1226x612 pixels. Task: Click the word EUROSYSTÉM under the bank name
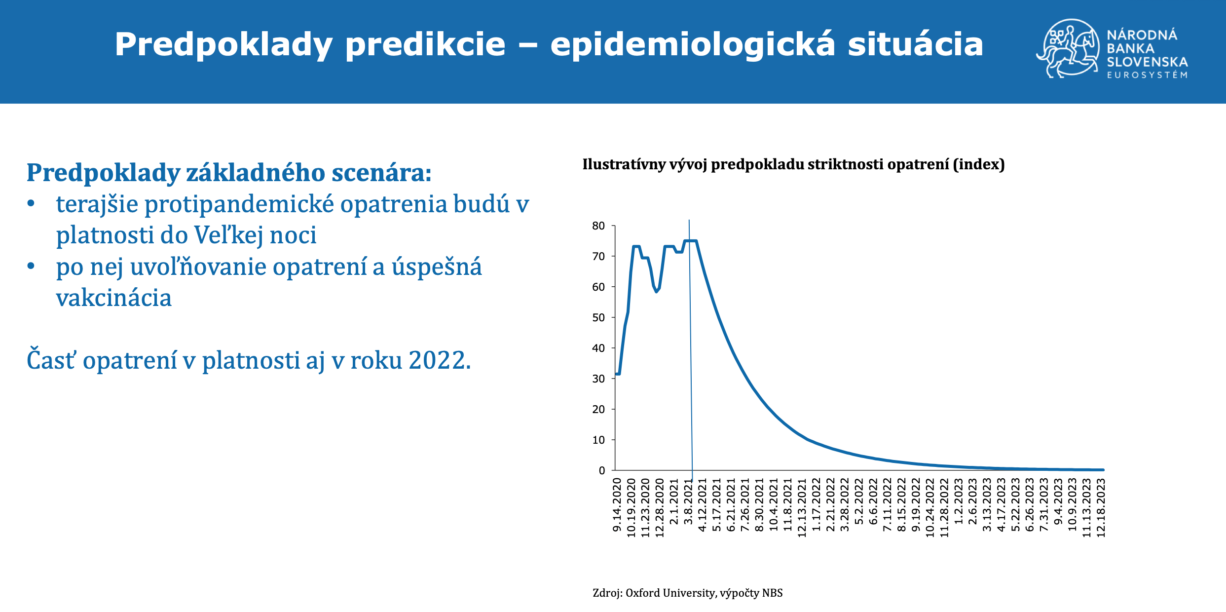click(x=1147, y=75)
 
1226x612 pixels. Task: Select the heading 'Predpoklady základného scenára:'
click(x=229, y=173)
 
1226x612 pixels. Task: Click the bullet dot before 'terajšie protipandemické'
click(x=31, y=203)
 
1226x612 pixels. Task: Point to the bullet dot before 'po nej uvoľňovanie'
click(x=31, y=266)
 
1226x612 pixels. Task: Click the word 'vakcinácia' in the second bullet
click(x=114, y=298)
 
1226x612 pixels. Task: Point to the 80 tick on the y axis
click(x=598, y=226)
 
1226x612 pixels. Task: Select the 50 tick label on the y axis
click(x=598, y=318)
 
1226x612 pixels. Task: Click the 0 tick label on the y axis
click(x=601, y=471)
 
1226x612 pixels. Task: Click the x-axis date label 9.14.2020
click(x=617, y=505)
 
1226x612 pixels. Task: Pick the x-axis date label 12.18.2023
click(x=1101, y=507)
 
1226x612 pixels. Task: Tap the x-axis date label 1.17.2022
click(x=816, y=505)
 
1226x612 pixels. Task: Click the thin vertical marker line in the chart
click(x=691, y=345)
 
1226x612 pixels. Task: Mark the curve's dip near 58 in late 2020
click(x=657, y=291)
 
